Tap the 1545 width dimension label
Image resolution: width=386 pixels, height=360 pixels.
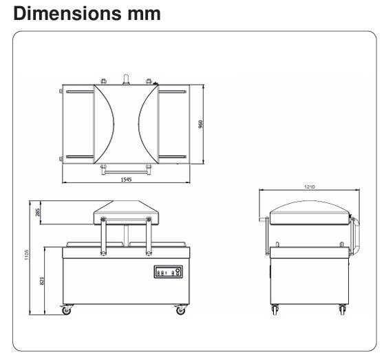pyautogui.click(x=125, y=179)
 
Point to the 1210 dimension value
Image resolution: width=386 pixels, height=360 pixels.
pyautogui.click(x=308, y=186)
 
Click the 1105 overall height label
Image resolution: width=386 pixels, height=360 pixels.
pyautogui.click(x=27, y=255)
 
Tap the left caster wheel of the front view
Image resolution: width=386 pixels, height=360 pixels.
pyautogui.click(x=67, y=311)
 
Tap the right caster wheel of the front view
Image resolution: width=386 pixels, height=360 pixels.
pyautogui.click(x=180, y=311)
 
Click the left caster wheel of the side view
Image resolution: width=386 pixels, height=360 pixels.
pyautogui.click(x=275, y=311)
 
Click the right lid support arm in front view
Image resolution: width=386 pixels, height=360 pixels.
pyautogui.click(x=147, y=237)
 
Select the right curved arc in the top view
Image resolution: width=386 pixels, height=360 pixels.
pyautogui.click(x=146, y=124)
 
